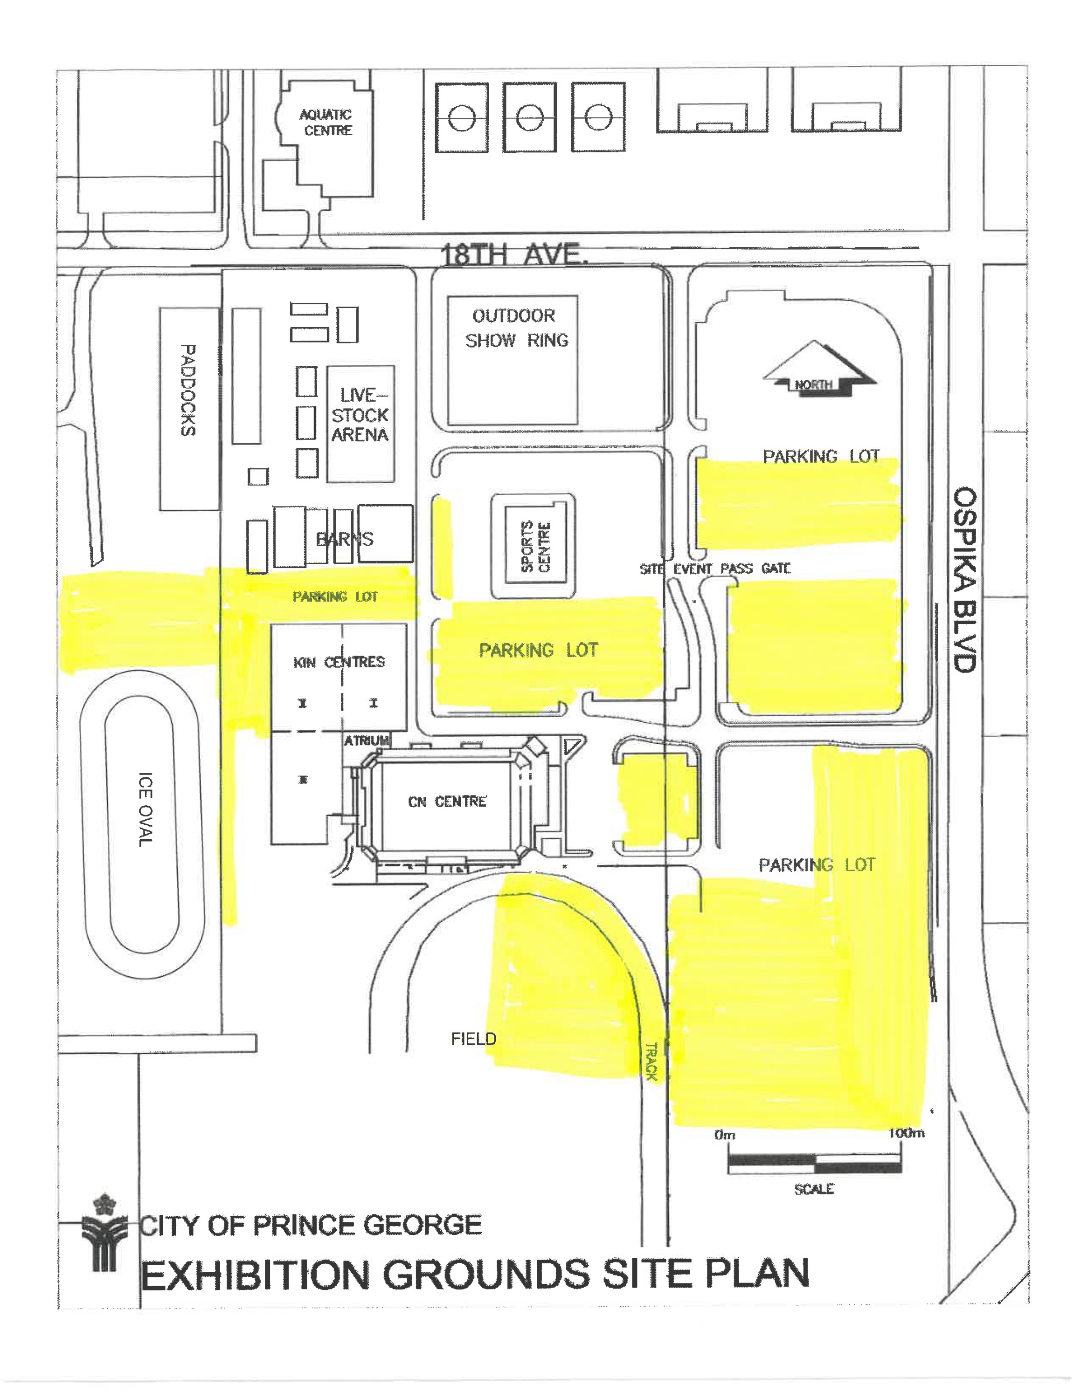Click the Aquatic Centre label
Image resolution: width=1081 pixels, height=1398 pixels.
326,122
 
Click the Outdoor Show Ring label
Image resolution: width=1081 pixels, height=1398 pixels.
516,328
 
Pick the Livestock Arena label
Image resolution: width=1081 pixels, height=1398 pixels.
360,415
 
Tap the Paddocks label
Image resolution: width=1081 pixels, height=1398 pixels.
187,391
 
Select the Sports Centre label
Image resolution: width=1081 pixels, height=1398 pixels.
535,547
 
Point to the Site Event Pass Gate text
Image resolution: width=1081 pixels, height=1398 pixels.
715,569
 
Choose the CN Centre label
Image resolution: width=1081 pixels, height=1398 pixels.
447,802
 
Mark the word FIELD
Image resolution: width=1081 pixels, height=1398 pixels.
473,1039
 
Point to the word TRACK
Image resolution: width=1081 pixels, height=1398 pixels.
651,1061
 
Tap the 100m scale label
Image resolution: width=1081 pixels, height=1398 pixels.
906,1133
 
